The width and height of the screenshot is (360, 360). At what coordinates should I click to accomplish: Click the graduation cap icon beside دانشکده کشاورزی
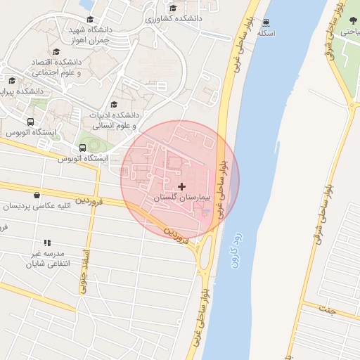(173, 8)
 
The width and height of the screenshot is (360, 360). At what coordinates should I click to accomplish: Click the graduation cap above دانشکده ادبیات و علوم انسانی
(114, 104)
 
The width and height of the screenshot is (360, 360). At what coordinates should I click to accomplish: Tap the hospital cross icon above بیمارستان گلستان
(182, 186)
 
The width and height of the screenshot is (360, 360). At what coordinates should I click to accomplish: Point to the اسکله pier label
(266, 32)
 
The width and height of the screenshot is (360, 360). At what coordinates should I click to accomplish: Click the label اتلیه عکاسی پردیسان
(37, 207)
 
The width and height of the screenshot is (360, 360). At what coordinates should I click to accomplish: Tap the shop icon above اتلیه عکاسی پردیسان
(37, 195)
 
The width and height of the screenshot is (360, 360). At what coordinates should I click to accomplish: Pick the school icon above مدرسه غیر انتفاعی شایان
(47, 243)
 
